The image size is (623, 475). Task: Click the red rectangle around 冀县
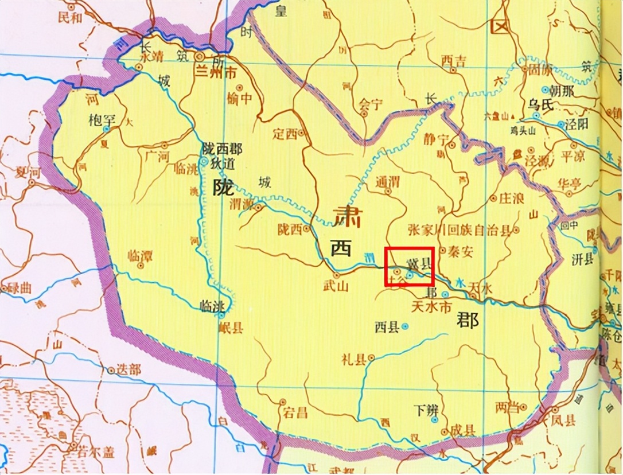click(x=408, y=266)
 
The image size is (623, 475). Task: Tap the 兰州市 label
click(x=217, y=74)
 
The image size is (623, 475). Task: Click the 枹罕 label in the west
click(x=103, y=120)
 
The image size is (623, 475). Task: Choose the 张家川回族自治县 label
click(x=459, y=231)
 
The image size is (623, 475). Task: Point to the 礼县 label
click(x=355, y=360)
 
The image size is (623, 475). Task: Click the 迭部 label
click(x=128, y=370)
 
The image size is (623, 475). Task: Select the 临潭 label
click(x=140, y=256)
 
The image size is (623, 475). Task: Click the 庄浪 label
click(x=512, y=198)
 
